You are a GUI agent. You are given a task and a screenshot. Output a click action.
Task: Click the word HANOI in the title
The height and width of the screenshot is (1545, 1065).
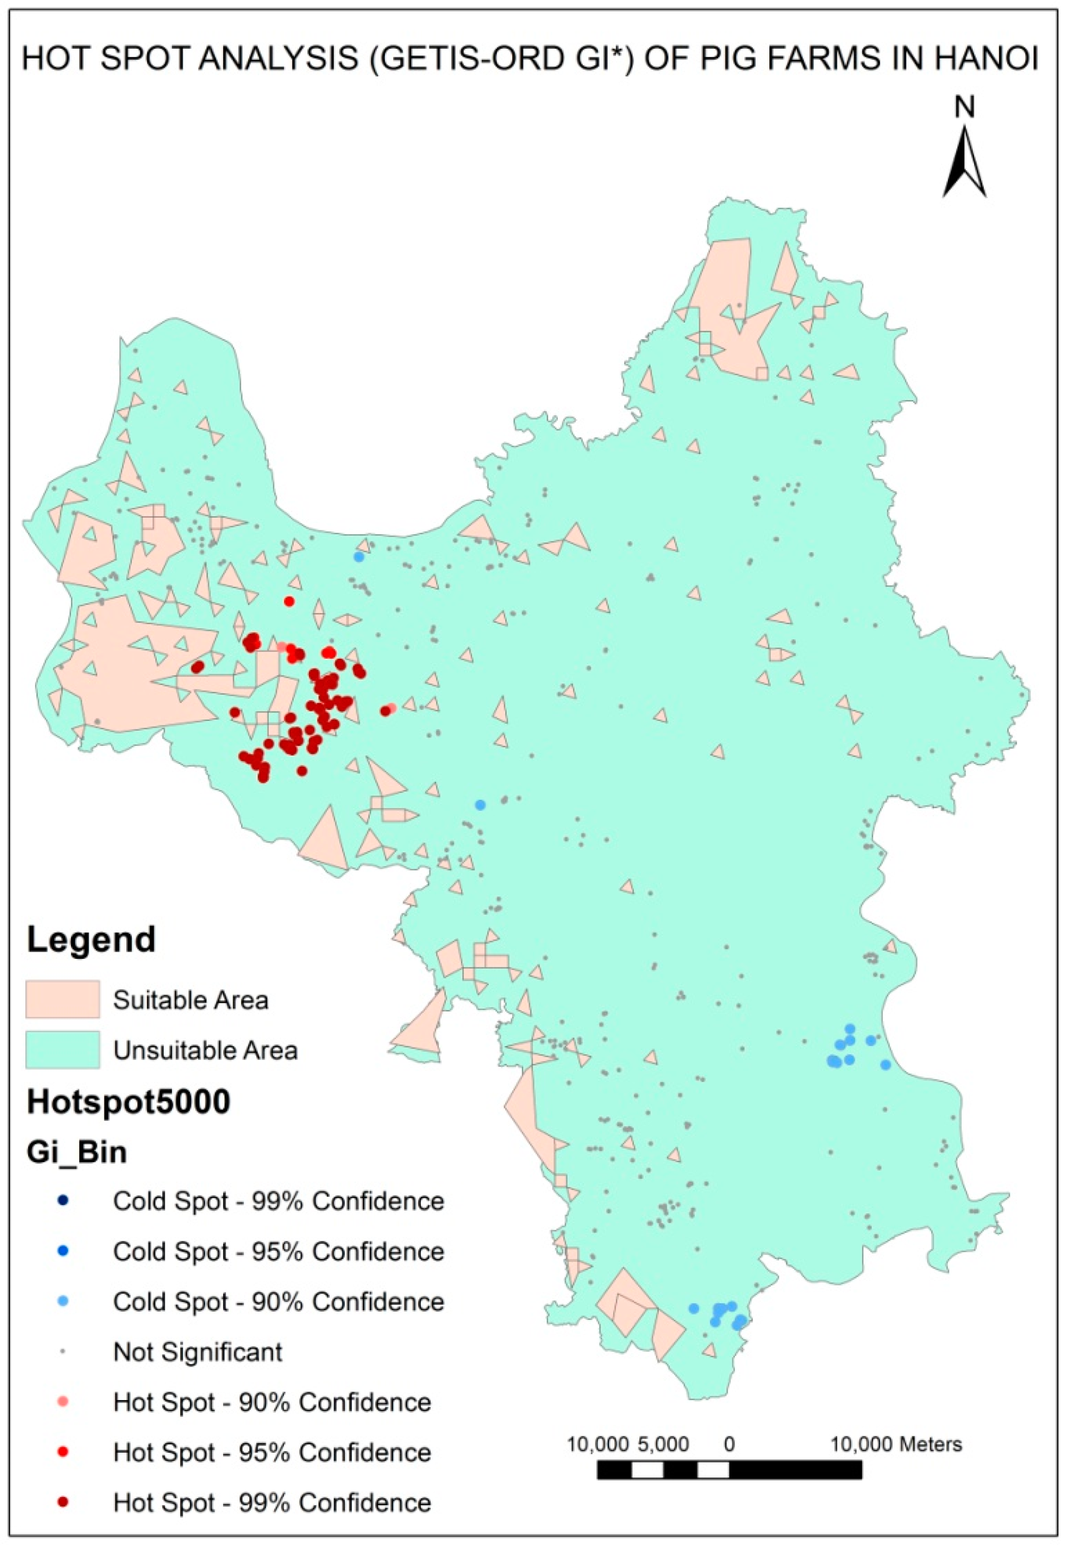(x=986, y=59)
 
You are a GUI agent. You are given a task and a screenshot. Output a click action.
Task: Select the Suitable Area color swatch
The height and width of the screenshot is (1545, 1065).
(x=63, y=999)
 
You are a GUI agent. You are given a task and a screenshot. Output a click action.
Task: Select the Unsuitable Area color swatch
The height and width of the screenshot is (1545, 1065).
(x=63, y=1049)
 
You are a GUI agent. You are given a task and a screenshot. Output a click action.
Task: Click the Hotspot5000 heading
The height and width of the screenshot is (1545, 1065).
(x=128, y=1102)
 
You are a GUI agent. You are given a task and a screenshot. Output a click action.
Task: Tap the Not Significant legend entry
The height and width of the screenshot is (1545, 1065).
(x=197, y=1352)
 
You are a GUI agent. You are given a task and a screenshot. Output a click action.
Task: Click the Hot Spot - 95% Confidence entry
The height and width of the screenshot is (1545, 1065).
(x=272, y=1453)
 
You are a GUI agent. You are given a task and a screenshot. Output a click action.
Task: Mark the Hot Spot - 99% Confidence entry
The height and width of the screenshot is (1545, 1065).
(x=272, y=1503)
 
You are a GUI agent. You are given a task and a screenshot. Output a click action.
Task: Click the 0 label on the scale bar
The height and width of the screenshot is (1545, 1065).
(x=729, y=1445)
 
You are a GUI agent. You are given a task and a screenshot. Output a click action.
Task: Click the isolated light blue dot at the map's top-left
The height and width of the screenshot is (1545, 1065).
(x=359, y=556)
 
